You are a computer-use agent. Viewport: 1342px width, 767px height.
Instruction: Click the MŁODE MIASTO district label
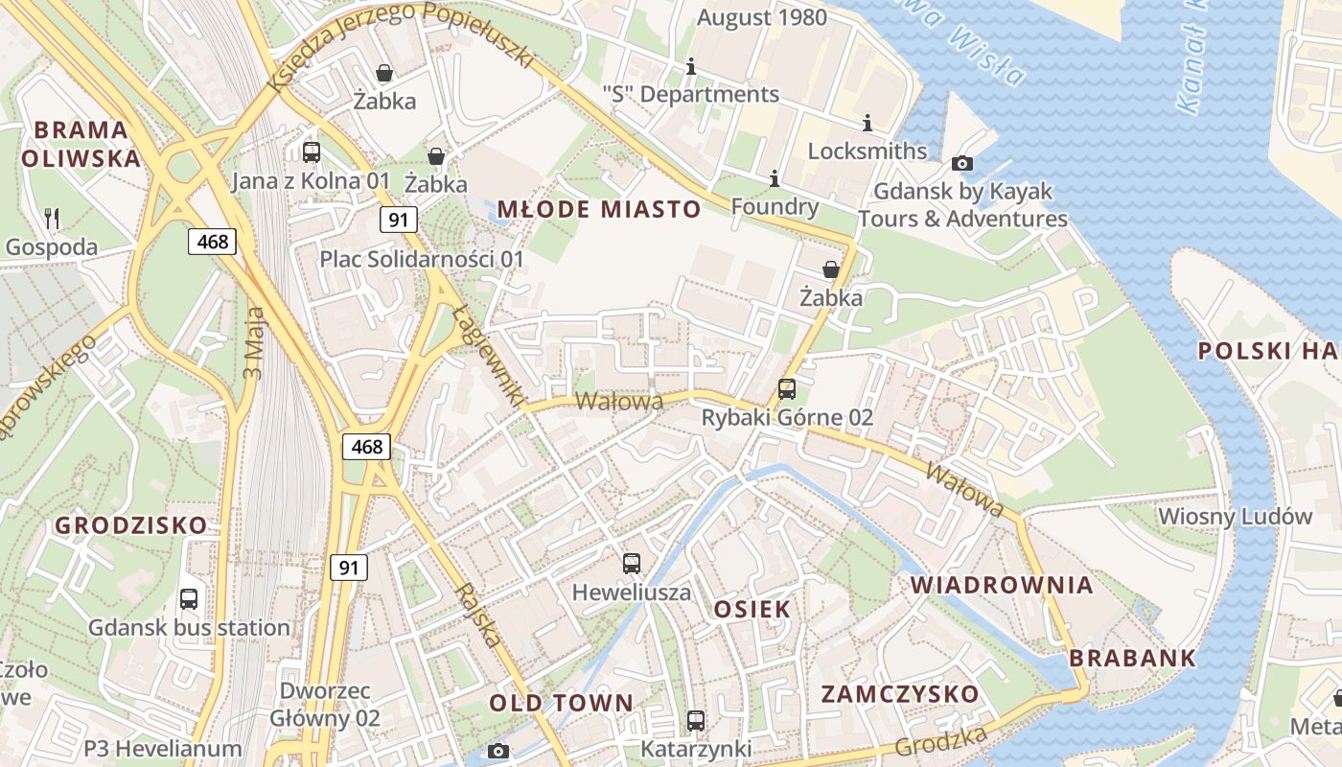[x=599, y=209]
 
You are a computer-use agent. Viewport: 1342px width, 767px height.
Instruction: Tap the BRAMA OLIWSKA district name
[x=81, y=144]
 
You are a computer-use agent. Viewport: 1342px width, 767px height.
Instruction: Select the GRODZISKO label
[x=130, y=525]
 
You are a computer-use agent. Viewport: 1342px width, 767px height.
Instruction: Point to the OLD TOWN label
[x=562, y=703]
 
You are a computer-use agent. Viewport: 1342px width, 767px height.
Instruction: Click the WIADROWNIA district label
[x=1002, y=585]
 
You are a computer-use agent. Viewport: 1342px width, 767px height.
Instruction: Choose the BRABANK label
[x=1132, y=658]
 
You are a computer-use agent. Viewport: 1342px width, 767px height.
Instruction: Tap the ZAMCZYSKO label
[x=900, y=694]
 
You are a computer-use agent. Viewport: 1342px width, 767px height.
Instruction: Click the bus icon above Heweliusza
[x=631, y=564]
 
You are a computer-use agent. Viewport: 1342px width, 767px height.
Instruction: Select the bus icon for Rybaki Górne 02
[x=786, y=389]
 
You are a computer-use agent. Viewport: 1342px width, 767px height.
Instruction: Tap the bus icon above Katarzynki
[x=696, y=720]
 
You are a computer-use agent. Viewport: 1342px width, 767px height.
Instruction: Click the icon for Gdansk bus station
[x=189, y=599]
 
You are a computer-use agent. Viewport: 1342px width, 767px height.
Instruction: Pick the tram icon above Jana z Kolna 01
[x=311, y=151]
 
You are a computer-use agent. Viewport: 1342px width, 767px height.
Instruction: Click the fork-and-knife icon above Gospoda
[x=52, y=219]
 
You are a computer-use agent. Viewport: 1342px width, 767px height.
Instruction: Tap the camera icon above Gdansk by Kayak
[x=962, y=164]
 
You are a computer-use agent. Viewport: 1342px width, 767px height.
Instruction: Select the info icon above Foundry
[x=775, y=179]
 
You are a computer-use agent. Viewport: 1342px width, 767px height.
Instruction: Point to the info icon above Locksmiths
[x=868, y=124]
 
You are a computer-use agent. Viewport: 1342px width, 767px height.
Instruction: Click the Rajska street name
[x=480, y=615]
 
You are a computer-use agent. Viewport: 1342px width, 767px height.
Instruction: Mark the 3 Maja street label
[x=254, y=341]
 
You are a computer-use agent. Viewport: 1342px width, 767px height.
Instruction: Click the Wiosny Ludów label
[x=1235, y=516]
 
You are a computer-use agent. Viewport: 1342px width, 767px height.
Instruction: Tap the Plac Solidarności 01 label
[x=422, y=259]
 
